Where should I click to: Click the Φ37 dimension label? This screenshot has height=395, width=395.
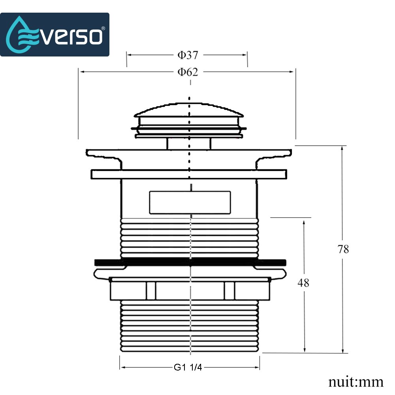click(187, 55)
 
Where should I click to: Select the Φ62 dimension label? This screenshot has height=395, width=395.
click(187, 72)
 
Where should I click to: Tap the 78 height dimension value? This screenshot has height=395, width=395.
click(343, 250)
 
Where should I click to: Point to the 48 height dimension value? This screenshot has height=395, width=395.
click(304, 283)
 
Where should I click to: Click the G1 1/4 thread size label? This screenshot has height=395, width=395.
click(188, 367)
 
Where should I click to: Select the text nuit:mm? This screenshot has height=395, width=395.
click(355, 382)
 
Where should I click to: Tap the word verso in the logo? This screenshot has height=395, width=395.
click(71, 36)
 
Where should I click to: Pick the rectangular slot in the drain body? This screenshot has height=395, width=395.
click(190, 202)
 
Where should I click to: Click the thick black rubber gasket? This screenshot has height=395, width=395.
click(190, 262)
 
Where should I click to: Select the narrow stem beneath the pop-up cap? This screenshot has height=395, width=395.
click(189, 143)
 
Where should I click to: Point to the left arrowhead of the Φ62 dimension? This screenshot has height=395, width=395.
click(81, 71)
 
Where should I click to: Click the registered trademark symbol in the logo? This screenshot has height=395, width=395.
click(103, 28)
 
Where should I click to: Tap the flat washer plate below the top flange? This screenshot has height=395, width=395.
click(189, 174)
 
